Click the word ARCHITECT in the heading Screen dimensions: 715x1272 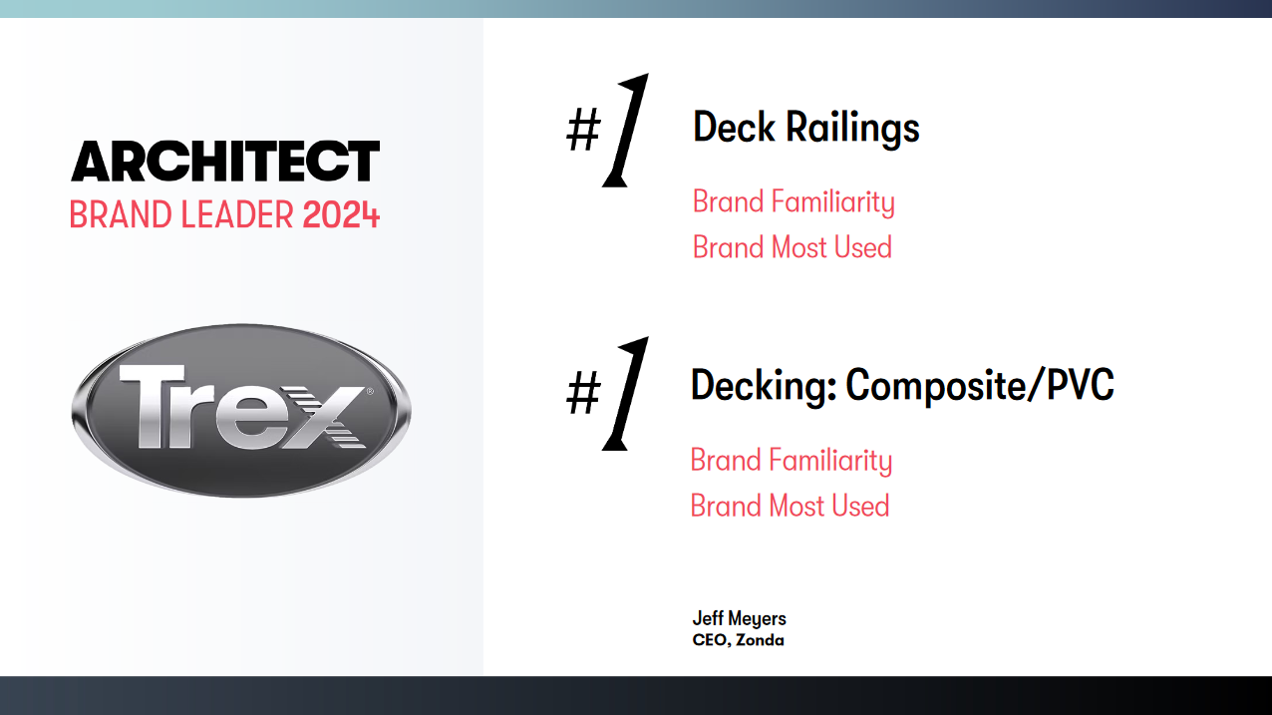click(225, 161)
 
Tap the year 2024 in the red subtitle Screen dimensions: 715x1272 click(341, 214)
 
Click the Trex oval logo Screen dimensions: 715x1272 click(240, 410)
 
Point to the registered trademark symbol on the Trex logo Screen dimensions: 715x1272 click(370, 393)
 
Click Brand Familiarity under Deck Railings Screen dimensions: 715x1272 click(794, 202)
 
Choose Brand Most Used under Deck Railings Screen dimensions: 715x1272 click(793, 247)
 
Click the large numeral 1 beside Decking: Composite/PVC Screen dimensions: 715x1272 click(627, 393)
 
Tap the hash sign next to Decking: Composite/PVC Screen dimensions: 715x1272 click(583, 395)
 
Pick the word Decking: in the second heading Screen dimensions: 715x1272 click(764, 386)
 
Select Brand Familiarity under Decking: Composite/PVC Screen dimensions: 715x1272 click(792, 461)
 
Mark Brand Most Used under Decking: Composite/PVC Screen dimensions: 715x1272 click(790, 506)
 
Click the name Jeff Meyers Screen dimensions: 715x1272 click(740, 618)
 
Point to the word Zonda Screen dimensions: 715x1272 click(760, 640)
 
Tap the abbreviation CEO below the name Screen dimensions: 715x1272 click(710, 640)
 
